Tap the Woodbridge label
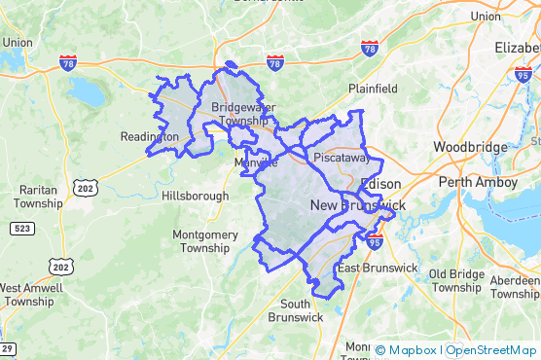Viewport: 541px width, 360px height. tap(470, 147)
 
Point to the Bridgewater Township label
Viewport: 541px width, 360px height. tap(238, 114)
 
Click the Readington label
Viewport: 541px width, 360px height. tap(148, 137)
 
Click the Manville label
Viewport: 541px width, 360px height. tap(256, 164)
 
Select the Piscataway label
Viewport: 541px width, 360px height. tap(339, 157)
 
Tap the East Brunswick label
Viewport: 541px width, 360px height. tap(377, 268)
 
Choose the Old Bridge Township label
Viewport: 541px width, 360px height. tap(456, 280)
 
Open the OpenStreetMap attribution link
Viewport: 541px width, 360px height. tap(491, 350)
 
